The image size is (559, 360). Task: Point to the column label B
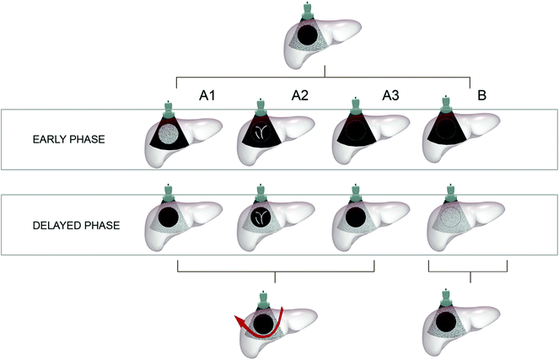[481, 96]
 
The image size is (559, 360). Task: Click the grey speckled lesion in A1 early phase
[172, 133]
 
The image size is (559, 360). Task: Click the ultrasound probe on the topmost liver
[307, 10]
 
